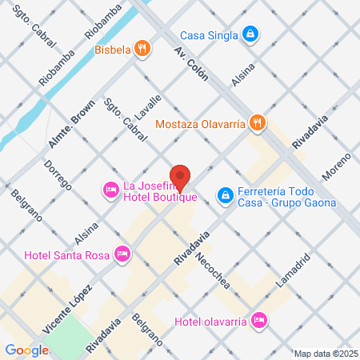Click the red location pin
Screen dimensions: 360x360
click(181, 176)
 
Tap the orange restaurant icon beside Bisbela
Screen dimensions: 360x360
click(142, 48)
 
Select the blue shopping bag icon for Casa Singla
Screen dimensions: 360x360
click(251, 34)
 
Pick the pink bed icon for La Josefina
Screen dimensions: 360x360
click(110, 189)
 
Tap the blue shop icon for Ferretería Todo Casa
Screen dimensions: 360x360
click(226, 194)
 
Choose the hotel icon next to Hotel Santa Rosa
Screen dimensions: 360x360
click(122, 254)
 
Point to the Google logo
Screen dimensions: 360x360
click(26, 350)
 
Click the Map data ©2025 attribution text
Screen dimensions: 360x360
click(323, 354)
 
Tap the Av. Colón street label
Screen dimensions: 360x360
click(190, 64)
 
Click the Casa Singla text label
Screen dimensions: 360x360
click(209, 34)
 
